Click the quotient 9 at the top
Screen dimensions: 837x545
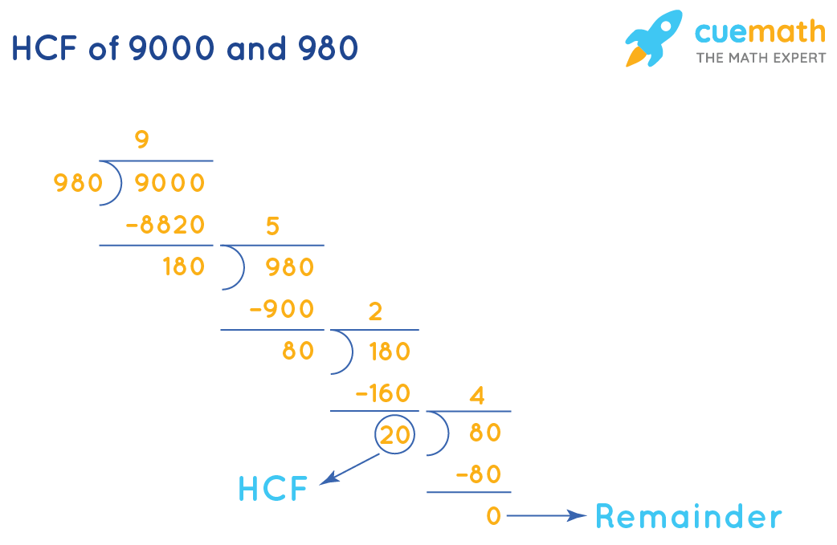point(141,140)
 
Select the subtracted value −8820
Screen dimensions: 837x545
point(165,226)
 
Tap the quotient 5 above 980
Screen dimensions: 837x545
point(272,226)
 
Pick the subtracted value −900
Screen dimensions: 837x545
point(282,309)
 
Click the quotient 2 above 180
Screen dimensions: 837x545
point(374,311)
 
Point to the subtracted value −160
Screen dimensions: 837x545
point(382,393)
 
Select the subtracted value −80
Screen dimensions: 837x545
point(478,474)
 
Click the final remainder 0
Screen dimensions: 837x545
point(494,516)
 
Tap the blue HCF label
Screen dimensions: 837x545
point(273,489)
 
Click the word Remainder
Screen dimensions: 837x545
point(688,516)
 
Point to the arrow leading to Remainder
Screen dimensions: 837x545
point(546,516)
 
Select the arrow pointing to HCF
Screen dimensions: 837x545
point(350,469)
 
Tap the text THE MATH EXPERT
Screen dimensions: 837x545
point(760,58)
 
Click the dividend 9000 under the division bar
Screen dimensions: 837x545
point(169,184)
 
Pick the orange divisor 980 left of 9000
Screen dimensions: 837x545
point(78,184)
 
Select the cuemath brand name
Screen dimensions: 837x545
point(760,31)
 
